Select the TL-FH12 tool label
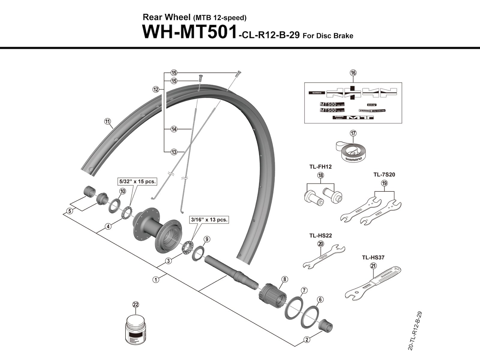[x=320, y=167]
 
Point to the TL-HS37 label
[x=373, y=257]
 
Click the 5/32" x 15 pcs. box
[x=137, y=182]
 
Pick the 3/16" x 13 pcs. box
[x=209, y=220]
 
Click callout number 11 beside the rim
[x=107, y=121]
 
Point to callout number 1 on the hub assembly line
[x=155, y=279]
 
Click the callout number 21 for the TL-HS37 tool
[x=373, y=266]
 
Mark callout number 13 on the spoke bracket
[x=174, y=152]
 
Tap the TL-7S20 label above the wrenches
[x=384, y=175]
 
